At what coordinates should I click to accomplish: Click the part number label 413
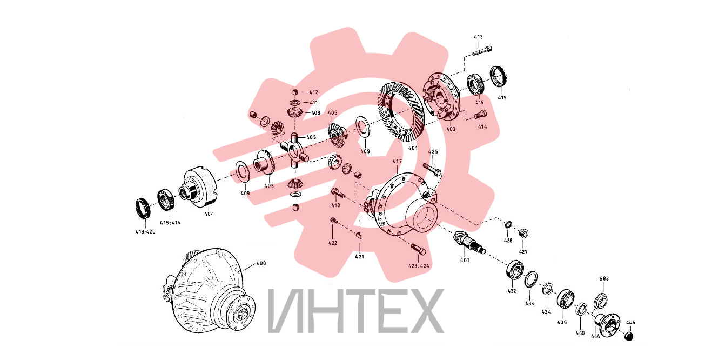478,37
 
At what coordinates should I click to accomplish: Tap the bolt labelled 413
482,51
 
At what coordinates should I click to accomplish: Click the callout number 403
451,129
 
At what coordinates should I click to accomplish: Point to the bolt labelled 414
480,114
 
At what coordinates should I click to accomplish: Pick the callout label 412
313,92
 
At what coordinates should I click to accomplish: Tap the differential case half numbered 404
199,188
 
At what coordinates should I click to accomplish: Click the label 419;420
145,232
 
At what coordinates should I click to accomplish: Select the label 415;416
170,223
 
